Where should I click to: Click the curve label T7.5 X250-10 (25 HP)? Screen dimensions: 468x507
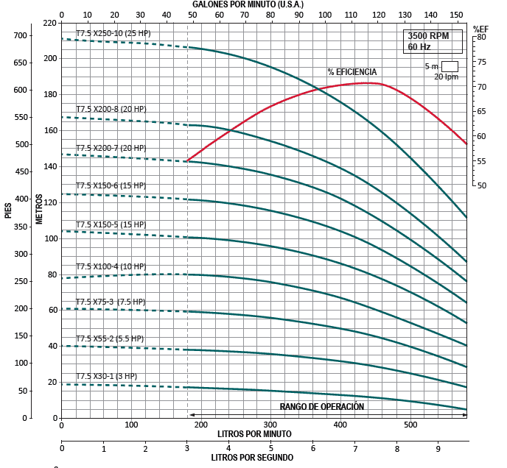pyautogui.click(x=113, y=33)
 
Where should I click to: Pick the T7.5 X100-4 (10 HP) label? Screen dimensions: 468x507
pyautogui.click(x=111, y=266)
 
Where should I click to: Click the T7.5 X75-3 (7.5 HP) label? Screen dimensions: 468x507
pyautogui.click(x=111, y=302)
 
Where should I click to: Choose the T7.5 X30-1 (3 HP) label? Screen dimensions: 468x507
pyautogui.click(x=106, y=376)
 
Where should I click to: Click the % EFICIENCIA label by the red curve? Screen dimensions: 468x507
pyautogui.click(x=352, y=72)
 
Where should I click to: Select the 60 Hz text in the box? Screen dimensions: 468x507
pyautogui.click(x=418, y=47)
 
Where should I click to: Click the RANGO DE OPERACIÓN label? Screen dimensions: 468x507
pyautogui.click(x=322, y=406)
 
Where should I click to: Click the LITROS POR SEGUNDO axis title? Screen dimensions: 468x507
pyautogui.click(x=252, y=458)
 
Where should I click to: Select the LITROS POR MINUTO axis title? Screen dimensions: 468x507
pyautogui.click(x=254, y=434)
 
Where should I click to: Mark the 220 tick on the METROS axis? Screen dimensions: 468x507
pyautogui.click(x=49, y=23)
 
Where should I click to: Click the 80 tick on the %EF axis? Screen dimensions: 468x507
pyautogui.click(x=481, y=37)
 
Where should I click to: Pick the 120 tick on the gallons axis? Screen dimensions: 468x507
pyautogui.click(x=378, y=14)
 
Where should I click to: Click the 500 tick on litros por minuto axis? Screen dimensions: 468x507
pyautogui.click(x=410, y=425)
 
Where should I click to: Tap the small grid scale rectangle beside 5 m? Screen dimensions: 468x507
pyautogui.click(x=450, y=65)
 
